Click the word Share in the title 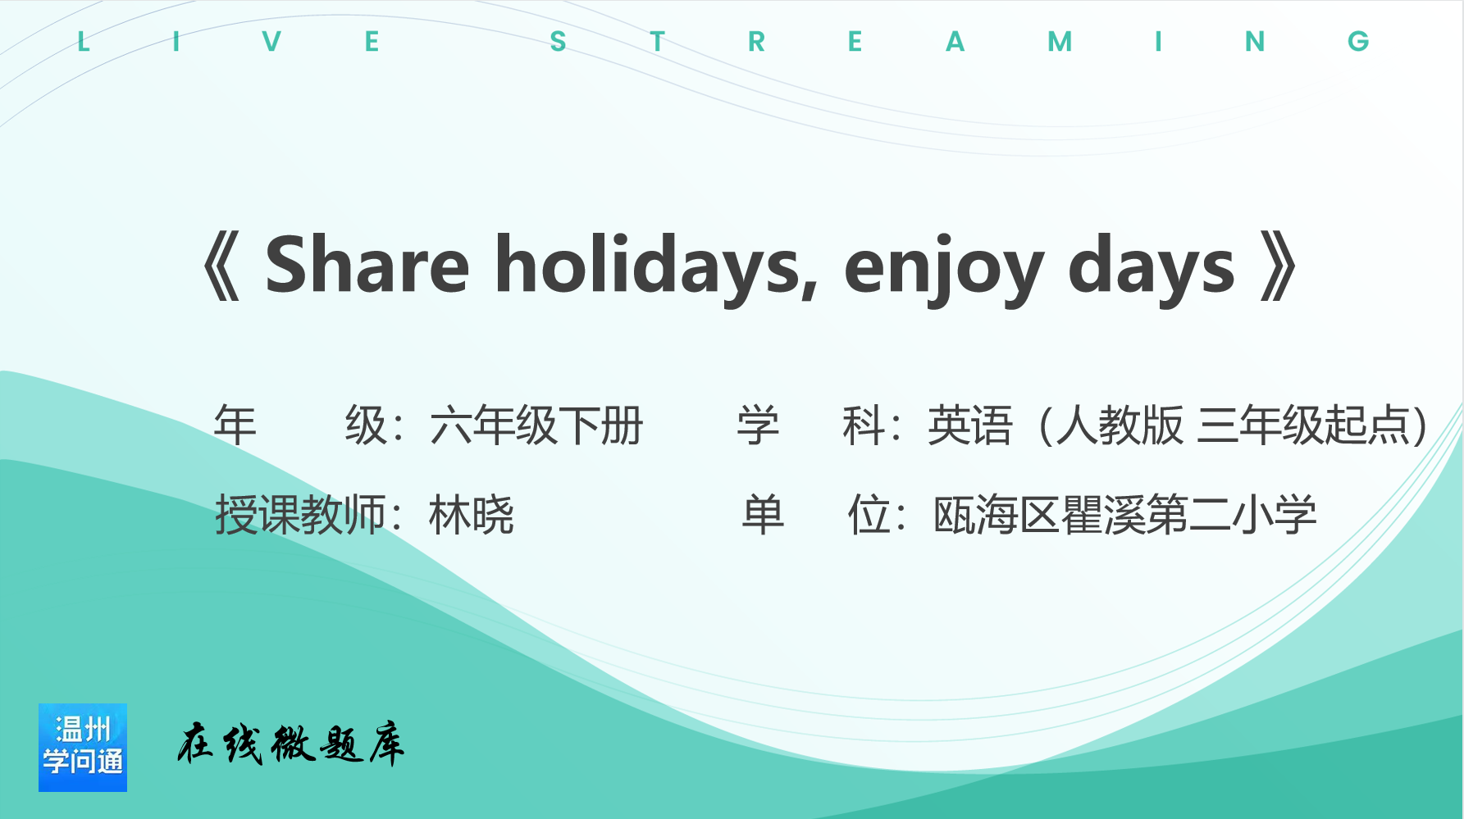pos(367,264)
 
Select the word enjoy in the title pos(944,271)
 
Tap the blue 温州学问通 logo pos(83,747)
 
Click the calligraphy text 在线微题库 pos(291,744)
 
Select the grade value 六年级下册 pos(536,425)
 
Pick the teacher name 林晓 pos(472,515)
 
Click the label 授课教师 pos(300,515)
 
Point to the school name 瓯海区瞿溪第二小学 pos(1125,515)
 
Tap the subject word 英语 pos(970,425)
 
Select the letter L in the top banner pos(83,42)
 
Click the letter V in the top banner pos(271,42)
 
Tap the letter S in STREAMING pos(559,42)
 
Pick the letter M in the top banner pos(1060,42)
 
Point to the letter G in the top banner pos(1358,42)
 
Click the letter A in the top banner pos(955,42)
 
